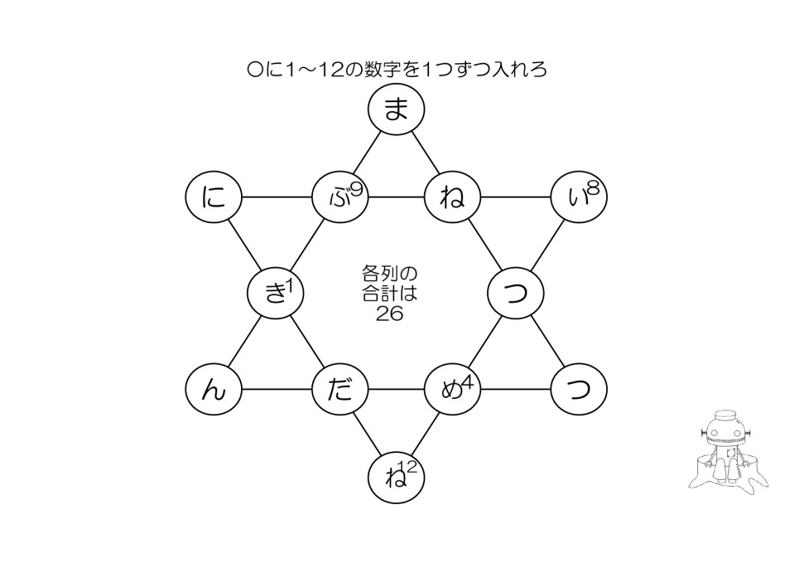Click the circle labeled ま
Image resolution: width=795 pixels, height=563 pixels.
tap(396, 109)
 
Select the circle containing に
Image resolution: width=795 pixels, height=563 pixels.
tap(214, 199)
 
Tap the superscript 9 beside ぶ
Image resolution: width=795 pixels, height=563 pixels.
tap(357, 188)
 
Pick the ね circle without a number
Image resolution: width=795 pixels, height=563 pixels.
tap(452, 199)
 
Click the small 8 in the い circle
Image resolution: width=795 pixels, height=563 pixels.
tap(593, 188)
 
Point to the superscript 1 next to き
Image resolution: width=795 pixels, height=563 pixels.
tap(291, 284)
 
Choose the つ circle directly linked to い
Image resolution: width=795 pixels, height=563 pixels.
tap(516, 293)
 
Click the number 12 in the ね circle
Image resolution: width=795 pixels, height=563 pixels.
tap(407, 467)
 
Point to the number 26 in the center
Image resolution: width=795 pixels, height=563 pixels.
tap(389, 313)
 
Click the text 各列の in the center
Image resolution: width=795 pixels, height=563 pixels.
tap(389, 272)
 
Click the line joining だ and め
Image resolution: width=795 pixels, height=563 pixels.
tap(396, 388)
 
